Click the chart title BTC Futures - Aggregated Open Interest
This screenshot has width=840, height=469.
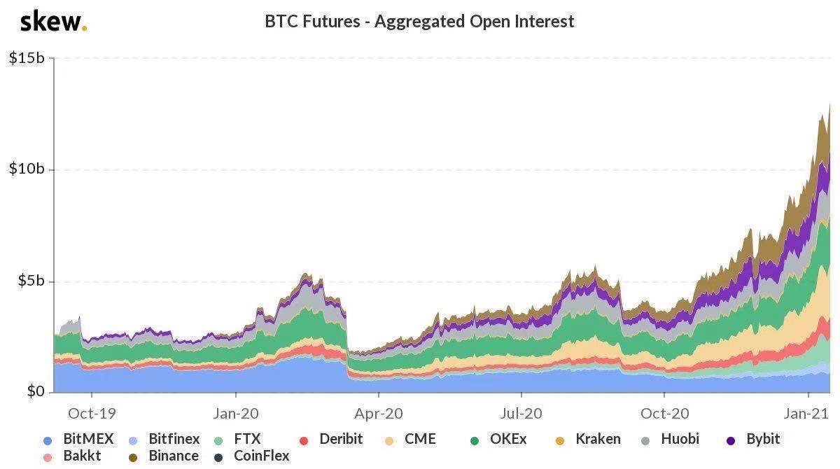pyautogui.click(x=419, y=21)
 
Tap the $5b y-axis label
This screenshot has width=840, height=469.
pyautogui.click(x=30, y=281)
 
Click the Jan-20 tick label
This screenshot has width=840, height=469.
pyautogui.click(x=236, y=413)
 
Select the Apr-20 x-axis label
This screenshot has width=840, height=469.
pyautogui.click(x=379, y=413)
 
